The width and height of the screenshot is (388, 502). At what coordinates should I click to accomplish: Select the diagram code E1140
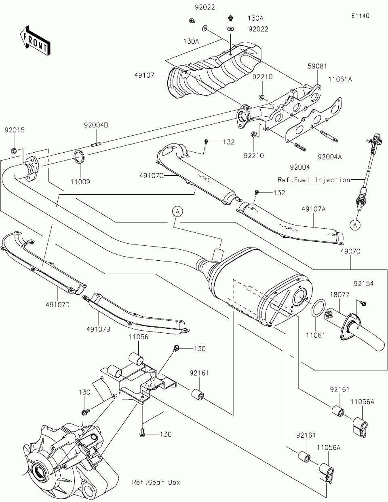pyautogui.click(x=361, y=16)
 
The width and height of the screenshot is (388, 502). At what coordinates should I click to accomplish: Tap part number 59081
pyautogui.click(x=317, y=66)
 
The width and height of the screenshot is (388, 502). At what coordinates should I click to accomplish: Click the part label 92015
pyautogui.click(x=15, y=130)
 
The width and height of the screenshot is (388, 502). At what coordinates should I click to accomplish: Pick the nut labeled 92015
pyautogui.click(x=14, y=151)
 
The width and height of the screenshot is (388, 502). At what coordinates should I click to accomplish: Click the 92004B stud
pyautogui.click(x=96, y=145)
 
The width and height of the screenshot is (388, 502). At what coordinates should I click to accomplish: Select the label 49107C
pyautogui.click(x=152, y=176)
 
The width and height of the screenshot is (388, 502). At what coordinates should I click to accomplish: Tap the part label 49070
pyautogui.click(x=350, y=251)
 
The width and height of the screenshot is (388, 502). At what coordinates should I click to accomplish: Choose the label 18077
pyautogui.click(x=339, y=295)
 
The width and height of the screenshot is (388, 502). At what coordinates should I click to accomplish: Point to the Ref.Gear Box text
pyautogui.click(x=156, y=482)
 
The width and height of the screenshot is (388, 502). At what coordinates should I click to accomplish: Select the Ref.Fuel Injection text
pyautogui.click(x=314, y=180)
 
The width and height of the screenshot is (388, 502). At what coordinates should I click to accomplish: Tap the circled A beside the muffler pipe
pyautogui.click(x=177, y=211)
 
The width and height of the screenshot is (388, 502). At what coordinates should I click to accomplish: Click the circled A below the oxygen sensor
pyautogui.click(x=355, y=225)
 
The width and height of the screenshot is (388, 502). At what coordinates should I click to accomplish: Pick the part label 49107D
pyautogui.click(x=57, y=305)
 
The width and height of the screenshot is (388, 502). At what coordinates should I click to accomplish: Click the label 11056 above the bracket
pyautogui.click(x=138, y=337)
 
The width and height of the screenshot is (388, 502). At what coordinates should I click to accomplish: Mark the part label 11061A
pyautogui.click(x=340, y=79)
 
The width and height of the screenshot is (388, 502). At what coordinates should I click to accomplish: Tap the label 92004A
pyautogui.click(x=330, y=157)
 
